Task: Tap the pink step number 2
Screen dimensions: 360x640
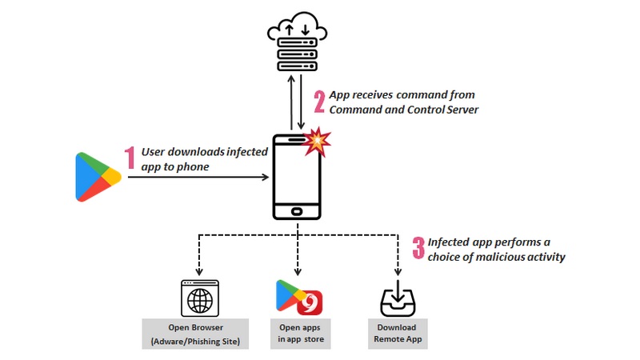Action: point(319,102)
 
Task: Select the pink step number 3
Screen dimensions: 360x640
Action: point(418,248)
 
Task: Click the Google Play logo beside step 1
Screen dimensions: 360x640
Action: point(97,176)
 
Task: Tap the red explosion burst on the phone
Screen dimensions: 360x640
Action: point(318,142)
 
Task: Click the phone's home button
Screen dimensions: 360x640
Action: point(297,212)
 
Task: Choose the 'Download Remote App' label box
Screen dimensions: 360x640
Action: point(398,332)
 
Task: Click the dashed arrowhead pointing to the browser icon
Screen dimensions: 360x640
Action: point(198,272)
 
